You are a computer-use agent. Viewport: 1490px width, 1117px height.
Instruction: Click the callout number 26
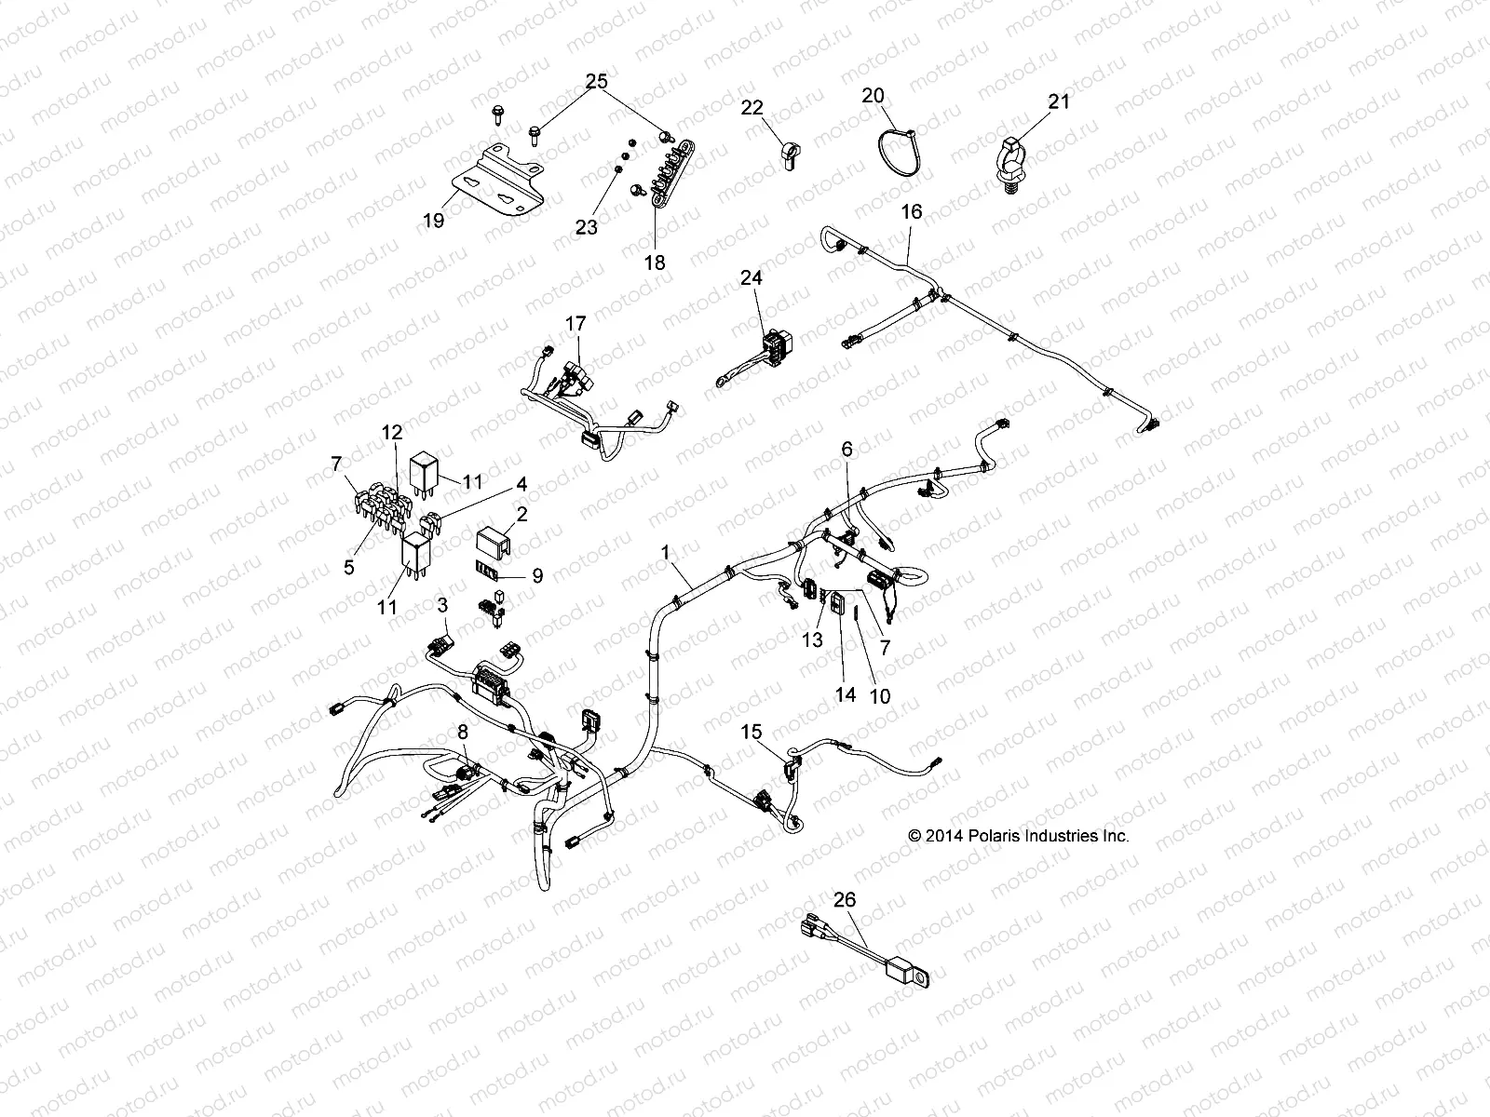click(x=844, y=899)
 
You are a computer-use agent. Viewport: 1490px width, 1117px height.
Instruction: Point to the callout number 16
click(x=911, y=212)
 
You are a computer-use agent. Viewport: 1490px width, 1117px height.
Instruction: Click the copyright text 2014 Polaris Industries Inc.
click(x=1019, y=836)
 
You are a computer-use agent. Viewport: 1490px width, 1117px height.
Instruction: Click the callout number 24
click(x=751, y=276)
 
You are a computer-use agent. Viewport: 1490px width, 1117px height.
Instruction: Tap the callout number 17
click(x=576, y=324)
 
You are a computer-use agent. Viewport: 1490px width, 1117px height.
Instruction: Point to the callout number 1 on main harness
click(x=666, y=552)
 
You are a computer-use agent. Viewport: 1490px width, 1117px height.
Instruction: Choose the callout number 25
click(x=596, y=82)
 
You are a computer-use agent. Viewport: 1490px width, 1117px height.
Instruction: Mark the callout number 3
click(x=443, y=606)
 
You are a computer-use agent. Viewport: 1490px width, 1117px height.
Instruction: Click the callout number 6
click(x=847, y=449)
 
